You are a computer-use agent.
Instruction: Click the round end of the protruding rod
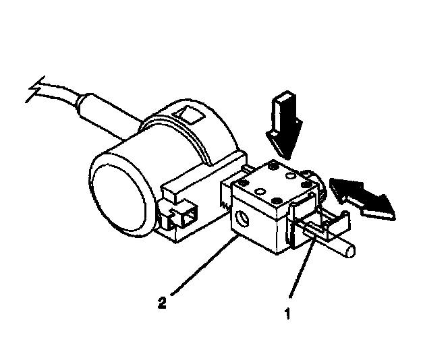pos(349,251)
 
